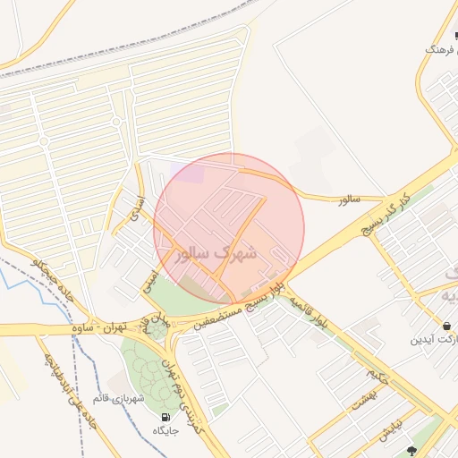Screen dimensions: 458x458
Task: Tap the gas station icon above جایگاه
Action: coord(165,418)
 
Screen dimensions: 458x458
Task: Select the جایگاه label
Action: coord(165,431)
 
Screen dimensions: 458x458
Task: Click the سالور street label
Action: coord(349,199)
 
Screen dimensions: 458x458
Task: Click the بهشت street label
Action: coord(360,403)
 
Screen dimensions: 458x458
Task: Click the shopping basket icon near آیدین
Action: coord(446,325)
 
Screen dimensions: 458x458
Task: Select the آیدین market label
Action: coord(433,340)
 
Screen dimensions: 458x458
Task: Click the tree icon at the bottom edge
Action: coord(411,452)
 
